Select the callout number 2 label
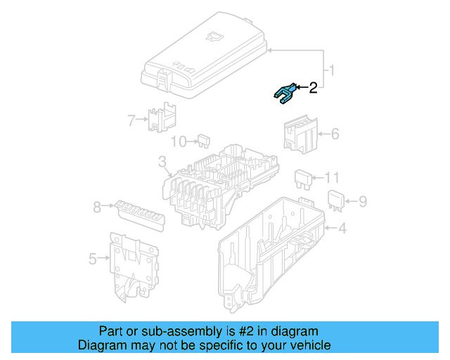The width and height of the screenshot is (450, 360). (x=313, y=88)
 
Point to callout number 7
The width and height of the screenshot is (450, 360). (x=131, y=120)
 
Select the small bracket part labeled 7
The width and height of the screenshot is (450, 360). (x=162, y=117)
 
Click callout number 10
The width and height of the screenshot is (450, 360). (x=179, y=142)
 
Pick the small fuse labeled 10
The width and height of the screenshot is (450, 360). (x=204, y=141)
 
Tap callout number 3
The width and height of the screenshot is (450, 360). (x=162, y=165)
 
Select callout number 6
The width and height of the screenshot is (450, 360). (x=335, y=133)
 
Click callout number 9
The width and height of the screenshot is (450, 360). (x=363, y=202)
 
